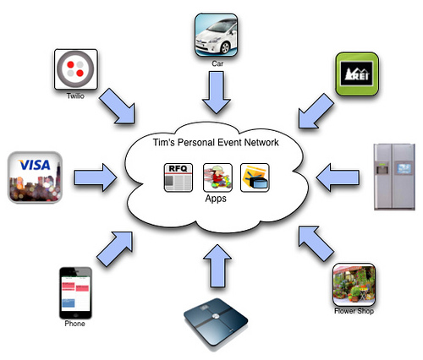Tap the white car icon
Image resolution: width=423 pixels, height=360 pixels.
click(x=214, y=33)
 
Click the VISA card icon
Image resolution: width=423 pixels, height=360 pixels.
click(x=33, y=177)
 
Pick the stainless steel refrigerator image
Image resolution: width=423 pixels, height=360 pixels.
click(x=395, y=175)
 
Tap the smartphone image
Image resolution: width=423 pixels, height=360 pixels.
click(x=74, y=292)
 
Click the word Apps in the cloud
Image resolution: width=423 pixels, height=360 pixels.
click(x=216, y=199)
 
